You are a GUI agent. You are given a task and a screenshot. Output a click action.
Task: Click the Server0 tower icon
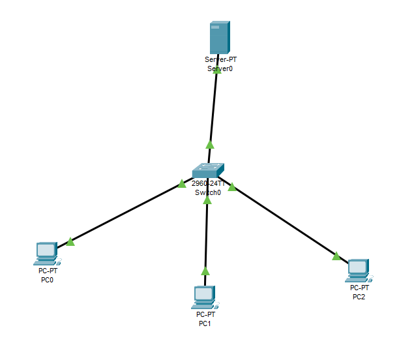click(219, 37)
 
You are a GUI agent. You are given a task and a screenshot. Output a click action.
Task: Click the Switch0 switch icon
click(208, 170)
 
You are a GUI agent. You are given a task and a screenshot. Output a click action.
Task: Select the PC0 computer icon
click(46, 253)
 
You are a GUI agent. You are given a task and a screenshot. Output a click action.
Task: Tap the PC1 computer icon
click(205, 297)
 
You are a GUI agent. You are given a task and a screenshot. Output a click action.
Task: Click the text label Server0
click(219, 68)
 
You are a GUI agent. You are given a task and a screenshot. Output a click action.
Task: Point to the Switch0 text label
click(208, 192)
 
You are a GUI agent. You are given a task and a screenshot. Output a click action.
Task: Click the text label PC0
click(47, 280)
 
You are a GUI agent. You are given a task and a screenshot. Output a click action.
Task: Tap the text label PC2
click(359, 297)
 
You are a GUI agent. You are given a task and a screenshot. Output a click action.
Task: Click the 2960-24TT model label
click(208, 184)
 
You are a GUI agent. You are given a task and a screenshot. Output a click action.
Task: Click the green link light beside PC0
click(70, 242)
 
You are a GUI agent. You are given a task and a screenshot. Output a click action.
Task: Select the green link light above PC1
click(205, 270)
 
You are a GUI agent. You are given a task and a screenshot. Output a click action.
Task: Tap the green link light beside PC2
click(336, 256)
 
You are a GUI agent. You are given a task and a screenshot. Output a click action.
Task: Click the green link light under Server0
click(218, 70)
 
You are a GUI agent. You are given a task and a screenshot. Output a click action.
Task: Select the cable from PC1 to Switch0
click(206, 235)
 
